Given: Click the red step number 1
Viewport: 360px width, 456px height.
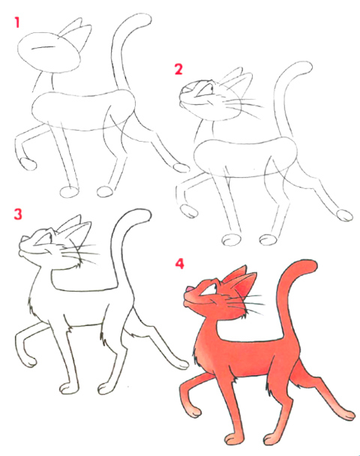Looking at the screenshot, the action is point(17,22).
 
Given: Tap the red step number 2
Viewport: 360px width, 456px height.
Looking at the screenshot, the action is point(178,69).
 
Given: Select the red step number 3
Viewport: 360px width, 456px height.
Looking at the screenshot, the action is point(18,214).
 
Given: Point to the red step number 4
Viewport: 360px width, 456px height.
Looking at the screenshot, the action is point(179,263).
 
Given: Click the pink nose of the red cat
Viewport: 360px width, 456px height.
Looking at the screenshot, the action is point(188,289).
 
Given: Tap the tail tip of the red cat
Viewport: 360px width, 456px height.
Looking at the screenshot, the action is point(312,265).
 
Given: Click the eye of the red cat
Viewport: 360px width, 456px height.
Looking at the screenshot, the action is point(211,287).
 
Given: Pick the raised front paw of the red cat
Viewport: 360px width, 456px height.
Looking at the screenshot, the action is point(193,412).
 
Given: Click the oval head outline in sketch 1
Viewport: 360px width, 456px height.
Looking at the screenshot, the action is point(49,52).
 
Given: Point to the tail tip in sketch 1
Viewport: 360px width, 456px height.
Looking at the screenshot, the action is point(145,19).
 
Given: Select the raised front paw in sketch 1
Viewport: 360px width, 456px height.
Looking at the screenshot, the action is point(28,164).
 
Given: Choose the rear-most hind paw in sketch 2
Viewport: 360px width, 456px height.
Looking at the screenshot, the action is point(344,215).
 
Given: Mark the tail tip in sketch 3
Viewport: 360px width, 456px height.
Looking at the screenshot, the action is point(145,214).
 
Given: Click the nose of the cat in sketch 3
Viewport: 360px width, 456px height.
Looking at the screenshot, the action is point(22,238).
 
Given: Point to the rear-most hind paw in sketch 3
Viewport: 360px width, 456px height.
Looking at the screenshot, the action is point(181,364).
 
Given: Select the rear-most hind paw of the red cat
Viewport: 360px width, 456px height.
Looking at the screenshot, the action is point(347,415).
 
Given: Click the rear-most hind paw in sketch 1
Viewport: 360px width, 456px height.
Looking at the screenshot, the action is point(181,168).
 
